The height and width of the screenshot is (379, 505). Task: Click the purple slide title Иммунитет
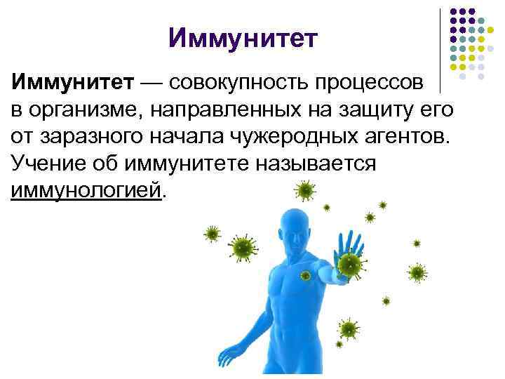coord(243,38)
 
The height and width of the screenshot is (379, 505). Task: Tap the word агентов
coord(405,137)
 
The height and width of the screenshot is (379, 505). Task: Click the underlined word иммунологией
coord(86,189)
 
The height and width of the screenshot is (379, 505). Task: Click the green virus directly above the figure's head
coord(304,189)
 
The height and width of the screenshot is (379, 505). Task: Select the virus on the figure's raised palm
coord(349,263)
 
